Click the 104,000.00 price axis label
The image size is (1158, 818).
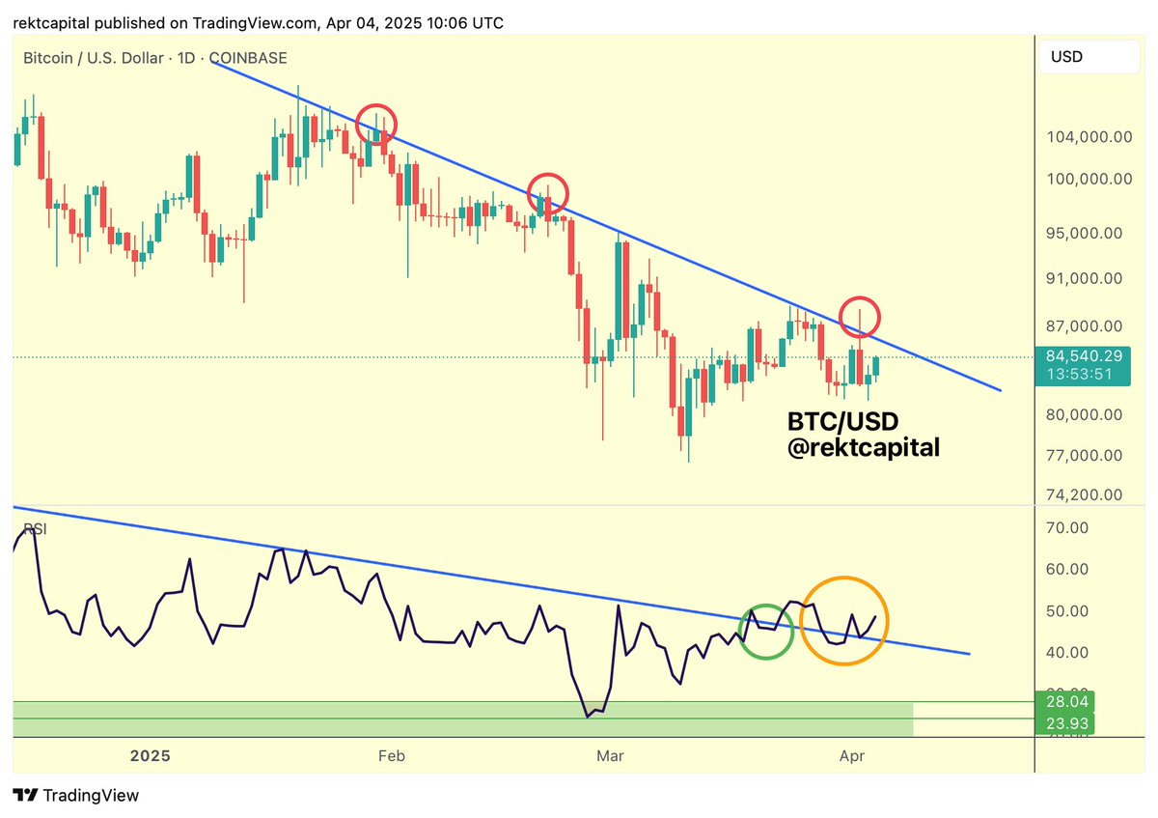(x=1089, y=137)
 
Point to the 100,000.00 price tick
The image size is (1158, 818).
(x=1089, y=179)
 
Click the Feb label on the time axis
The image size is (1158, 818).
(x=391, y=755)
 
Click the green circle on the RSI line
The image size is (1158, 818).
(x=766, y=632)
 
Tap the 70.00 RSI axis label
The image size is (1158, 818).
(x=1068, y=527)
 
